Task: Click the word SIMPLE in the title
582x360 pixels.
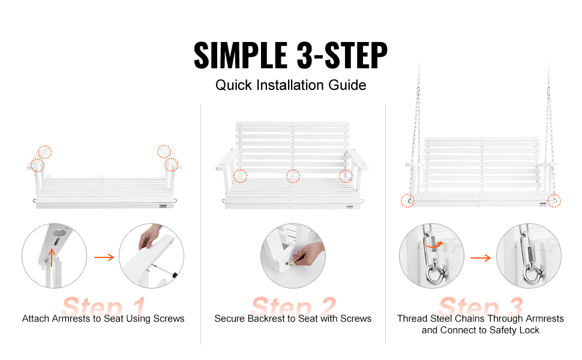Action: (241, 55)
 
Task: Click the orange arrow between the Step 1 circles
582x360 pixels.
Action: (104, 257)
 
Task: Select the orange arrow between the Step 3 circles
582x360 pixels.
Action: (480, 258)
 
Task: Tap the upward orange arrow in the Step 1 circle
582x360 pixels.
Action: (52, 257)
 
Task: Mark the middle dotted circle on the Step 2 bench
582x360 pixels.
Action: (293, 176)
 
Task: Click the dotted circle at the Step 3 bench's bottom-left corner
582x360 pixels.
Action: (407, 201)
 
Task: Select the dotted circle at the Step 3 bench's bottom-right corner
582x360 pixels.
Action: (554, 201)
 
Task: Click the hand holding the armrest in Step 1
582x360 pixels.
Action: (149, 237)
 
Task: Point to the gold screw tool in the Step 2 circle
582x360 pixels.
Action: (290, 263)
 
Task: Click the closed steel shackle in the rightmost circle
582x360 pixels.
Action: (534, 274)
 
